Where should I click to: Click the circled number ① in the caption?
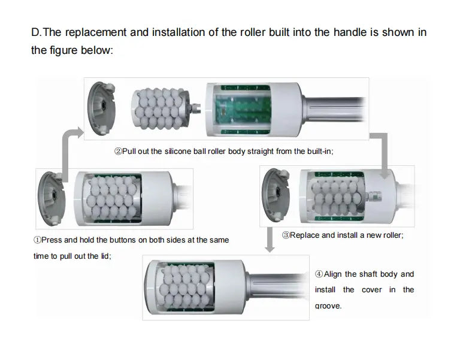point(37,240)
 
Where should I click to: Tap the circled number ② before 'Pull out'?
point(118,152)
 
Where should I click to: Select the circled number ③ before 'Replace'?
point(286,235)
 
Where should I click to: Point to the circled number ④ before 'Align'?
point(319,274)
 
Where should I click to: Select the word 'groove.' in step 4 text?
point(328,305)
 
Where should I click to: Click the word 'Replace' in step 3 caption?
point(305,235)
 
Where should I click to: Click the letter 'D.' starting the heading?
point(37,32)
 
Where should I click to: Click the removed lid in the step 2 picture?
point(102,108)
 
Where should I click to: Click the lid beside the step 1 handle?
point(52,198)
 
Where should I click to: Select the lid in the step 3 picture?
point(276,195)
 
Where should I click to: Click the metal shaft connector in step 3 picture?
point(373,196)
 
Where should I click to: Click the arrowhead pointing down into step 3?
point(385,174)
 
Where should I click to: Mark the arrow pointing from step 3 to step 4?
point(270,240)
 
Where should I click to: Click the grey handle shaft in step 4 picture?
point(277,287)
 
